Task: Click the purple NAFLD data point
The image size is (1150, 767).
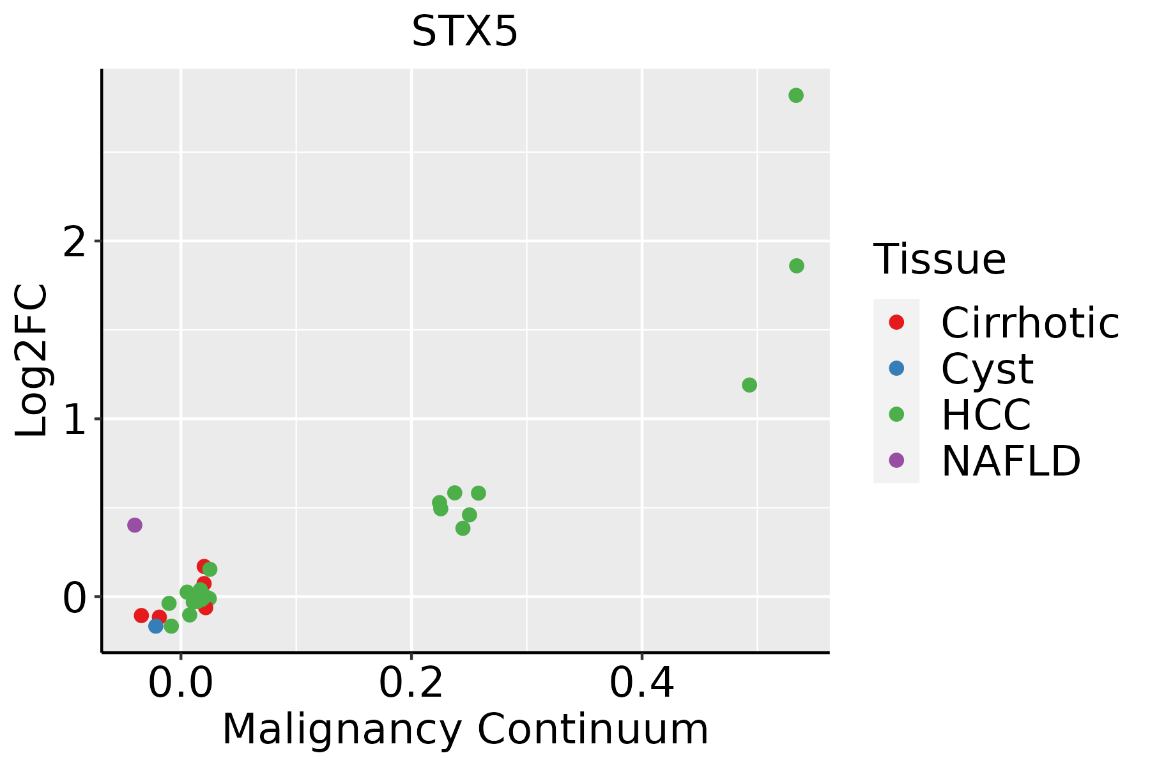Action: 135,525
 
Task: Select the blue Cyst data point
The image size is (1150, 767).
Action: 156,626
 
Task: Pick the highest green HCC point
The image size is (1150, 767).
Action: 796,96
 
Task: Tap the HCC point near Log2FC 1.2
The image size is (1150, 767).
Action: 749,385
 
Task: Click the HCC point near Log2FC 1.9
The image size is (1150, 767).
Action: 797,266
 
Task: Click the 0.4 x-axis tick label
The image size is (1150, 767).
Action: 641,685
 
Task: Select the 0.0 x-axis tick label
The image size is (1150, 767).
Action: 181,685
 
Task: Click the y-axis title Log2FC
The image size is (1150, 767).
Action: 32,361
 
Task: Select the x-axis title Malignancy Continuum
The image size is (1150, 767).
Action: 465,730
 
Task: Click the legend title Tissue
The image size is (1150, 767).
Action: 939,260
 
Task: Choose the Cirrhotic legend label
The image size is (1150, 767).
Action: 1030,323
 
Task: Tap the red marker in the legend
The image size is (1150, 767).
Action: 896,322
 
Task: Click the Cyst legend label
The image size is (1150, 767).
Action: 987,369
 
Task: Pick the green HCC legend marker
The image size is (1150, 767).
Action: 896,414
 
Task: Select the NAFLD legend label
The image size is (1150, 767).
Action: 1011,461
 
